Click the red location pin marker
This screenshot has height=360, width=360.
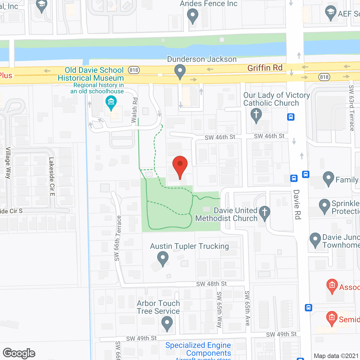[x=180, y=166]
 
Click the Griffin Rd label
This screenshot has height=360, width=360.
[x=265, y=68]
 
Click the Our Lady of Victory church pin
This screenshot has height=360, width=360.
[x=256, y=115]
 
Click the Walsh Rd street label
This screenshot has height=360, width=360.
[x=135, y=110]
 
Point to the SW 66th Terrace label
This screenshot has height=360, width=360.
[x=118, y=238]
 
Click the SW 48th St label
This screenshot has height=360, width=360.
[x=211, y=284]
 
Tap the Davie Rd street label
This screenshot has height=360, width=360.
[x=297, y=204]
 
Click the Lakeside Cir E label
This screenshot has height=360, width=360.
[x=52, y=176]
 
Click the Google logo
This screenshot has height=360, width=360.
[x=19, y=353]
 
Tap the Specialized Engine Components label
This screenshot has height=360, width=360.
[x=198, y=349]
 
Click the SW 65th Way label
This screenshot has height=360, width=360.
[x=219, y=309]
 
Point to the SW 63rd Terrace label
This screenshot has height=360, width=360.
[x=352, y=108]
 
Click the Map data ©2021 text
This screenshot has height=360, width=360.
[x=336, y=356]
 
